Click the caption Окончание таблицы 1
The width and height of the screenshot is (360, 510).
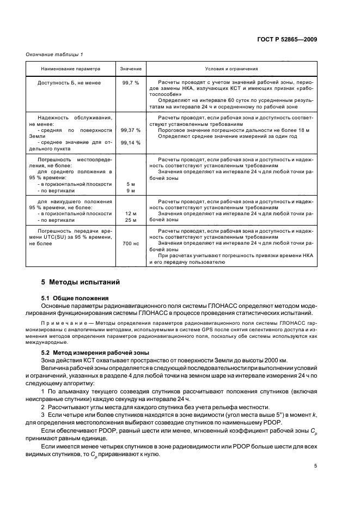(54, 54)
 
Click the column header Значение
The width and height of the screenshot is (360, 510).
(131, 69)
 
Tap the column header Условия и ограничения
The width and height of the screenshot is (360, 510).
(231, 69)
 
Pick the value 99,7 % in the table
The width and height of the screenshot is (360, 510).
(131, 82)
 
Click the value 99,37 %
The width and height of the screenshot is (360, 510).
(131, 130)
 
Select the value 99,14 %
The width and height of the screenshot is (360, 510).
(131, 143)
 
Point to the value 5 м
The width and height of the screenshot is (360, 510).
(131, 184)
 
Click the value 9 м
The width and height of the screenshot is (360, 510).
(131, 191)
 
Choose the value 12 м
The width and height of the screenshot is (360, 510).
(131, 214)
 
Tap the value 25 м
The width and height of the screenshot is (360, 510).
(131, 220)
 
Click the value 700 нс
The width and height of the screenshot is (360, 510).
(131, 244)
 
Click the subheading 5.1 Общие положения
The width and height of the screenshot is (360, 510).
(75, 298)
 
